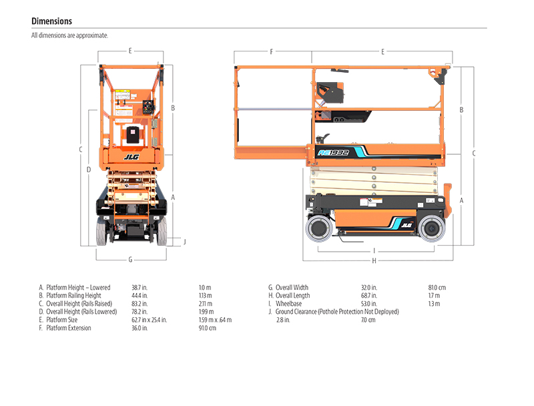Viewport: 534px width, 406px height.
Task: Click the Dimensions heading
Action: pyautogui.click(x=51, y=21)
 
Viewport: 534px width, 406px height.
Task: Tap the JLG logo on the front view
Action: pyautogui.click(x=130, y=158)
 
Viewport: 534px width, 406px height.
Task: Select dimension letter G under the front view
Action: pyautogui.click(x=130, y=259)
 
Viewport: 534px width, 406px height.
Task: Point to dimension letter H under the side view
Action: pyautogui.click(x=374, y=260)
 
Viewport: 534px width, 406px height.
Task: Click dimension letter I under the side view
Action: pyautogui.click(x=374, y=251)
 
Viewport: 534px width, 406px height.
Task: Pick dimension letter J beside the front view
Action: pyautogui.click(x=185, y=241)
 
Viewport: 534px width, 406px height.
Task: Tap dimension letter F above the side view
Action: pyautogui.click(x=272, y=51)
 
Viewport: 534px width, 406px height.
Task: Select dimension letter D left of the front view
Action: pyautogui.click(x=89, y=170)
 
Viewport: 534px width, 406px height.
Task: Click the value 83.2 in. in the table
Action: pyautogui.click(x=140, y=303)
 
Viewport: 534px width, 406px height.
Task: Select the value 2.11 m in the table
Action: pyautogui.click(x=206, y=303)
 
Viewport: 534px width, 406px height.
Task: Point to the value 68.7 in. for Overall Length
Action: pyautogui.click(x=369, y=295)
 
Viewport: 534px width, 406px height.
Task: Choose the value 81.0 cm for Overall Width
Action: pyautogui.click(x=437, y=287)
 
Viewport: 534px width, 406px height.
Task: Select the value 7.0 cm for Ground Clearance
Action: pyautogui.click(x=368, y=320)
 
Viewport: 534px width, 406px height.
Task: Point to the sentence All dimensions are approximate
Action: pyautogui.click(x=69, y=35)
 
